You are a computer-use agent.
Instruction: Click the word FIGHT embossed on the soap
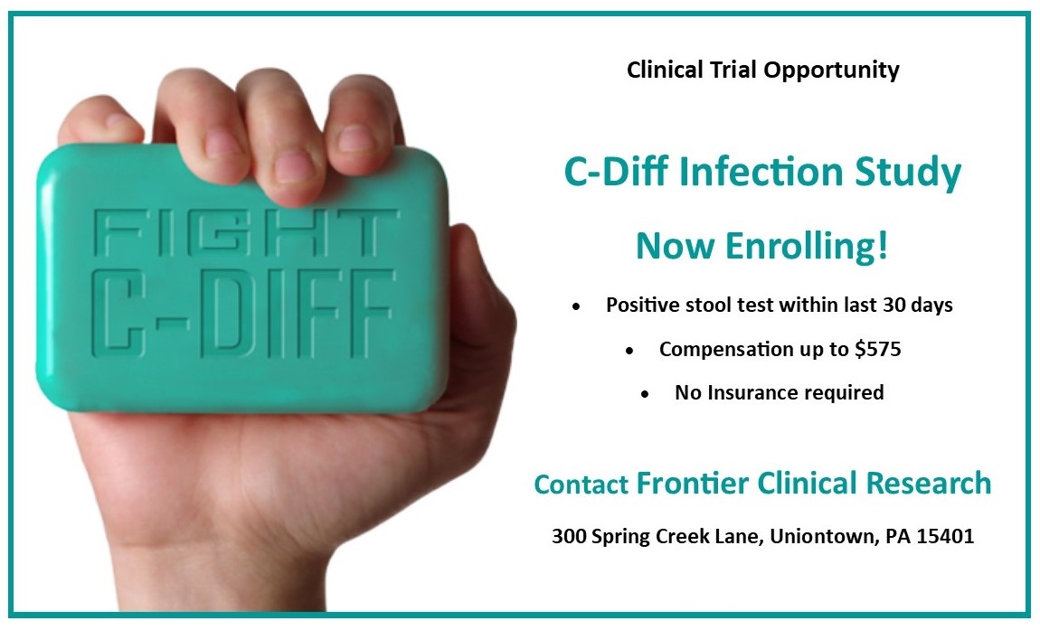tap(246, 233)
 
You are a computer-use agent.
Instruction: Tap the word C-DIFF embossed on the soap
tap(242, 313)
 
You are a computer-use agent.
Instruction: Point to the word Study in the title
tap(908, 173)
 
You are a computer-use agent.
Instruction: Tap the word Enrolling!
tap(807, 246)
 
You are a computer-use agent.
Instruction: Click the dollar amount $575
tap(878, 349)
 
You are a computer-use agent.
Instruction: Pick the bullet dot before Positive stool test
tap(576, 306)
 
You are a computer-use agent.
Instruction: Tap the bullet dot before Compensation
tap(629, 350)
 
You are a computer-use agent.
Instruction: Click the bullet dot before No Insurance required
tap(646, 394)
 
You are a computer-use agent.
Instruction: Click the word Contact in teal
tap(581, 484)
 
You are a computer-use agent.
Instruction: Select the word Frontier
tap(693, 483)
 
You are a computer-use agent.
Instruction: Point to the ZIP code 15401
tap(945, 536)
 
